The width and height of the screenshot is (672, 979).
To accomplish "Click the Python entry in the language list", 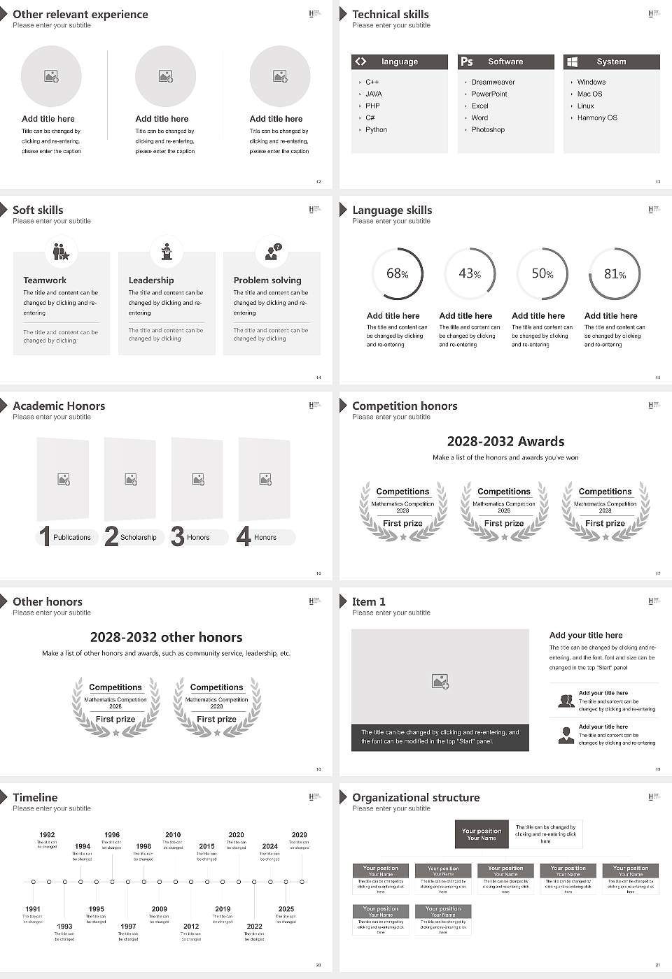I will click(376, 129).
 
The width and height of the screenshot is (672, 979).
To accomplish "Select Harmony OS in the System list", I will click(597, 117).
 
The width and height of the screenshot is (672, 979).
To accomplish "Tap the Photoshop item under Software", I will click(488, 129).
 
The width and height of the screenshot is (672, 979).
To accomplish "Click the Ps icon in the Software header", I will click(467, 62).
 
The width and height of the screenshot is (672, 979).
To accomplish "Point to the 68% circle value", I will click(397, 274).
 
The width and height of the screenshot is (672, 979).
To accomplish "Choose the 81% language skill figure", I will click(615, 274).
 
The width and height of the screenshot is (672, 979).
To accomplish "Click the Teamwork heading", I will click(45, 280).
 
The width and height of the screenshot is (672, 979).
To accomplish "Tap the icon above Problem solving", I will click(272, 251).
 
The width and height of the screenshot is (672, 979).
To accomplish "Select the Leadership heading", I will click(151, 280).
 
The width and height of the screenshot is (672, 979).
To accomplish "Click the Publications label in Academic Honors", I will click(72, 537).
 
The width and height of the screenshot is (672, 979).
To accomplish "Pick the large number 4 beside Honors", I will click(244, 536).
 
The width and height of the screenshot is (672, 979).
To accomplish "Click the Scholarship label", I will click(138, 537).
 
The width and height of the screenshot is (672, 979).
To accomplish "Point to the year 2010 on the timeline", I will click(173, 834).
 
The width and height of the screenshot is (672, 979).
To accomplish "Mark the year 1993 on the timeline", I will click(64, 926).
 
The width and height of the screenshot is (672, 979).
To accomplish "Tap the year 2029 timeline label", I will click(299, 834).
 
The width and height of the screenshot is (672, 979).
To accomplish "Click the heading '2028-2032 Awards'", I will click(505, 441).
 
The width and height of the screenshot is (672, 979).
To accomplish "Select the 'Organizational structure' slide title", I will click(416, 797).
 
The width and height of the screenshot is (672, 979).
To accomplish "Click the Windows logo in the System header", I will click(572, 62).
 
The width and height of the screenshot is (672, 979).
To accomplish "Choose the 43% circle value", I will click(470, 274).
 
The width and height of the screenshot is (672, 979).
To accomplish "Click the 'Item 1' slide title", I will click(369, 601).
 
